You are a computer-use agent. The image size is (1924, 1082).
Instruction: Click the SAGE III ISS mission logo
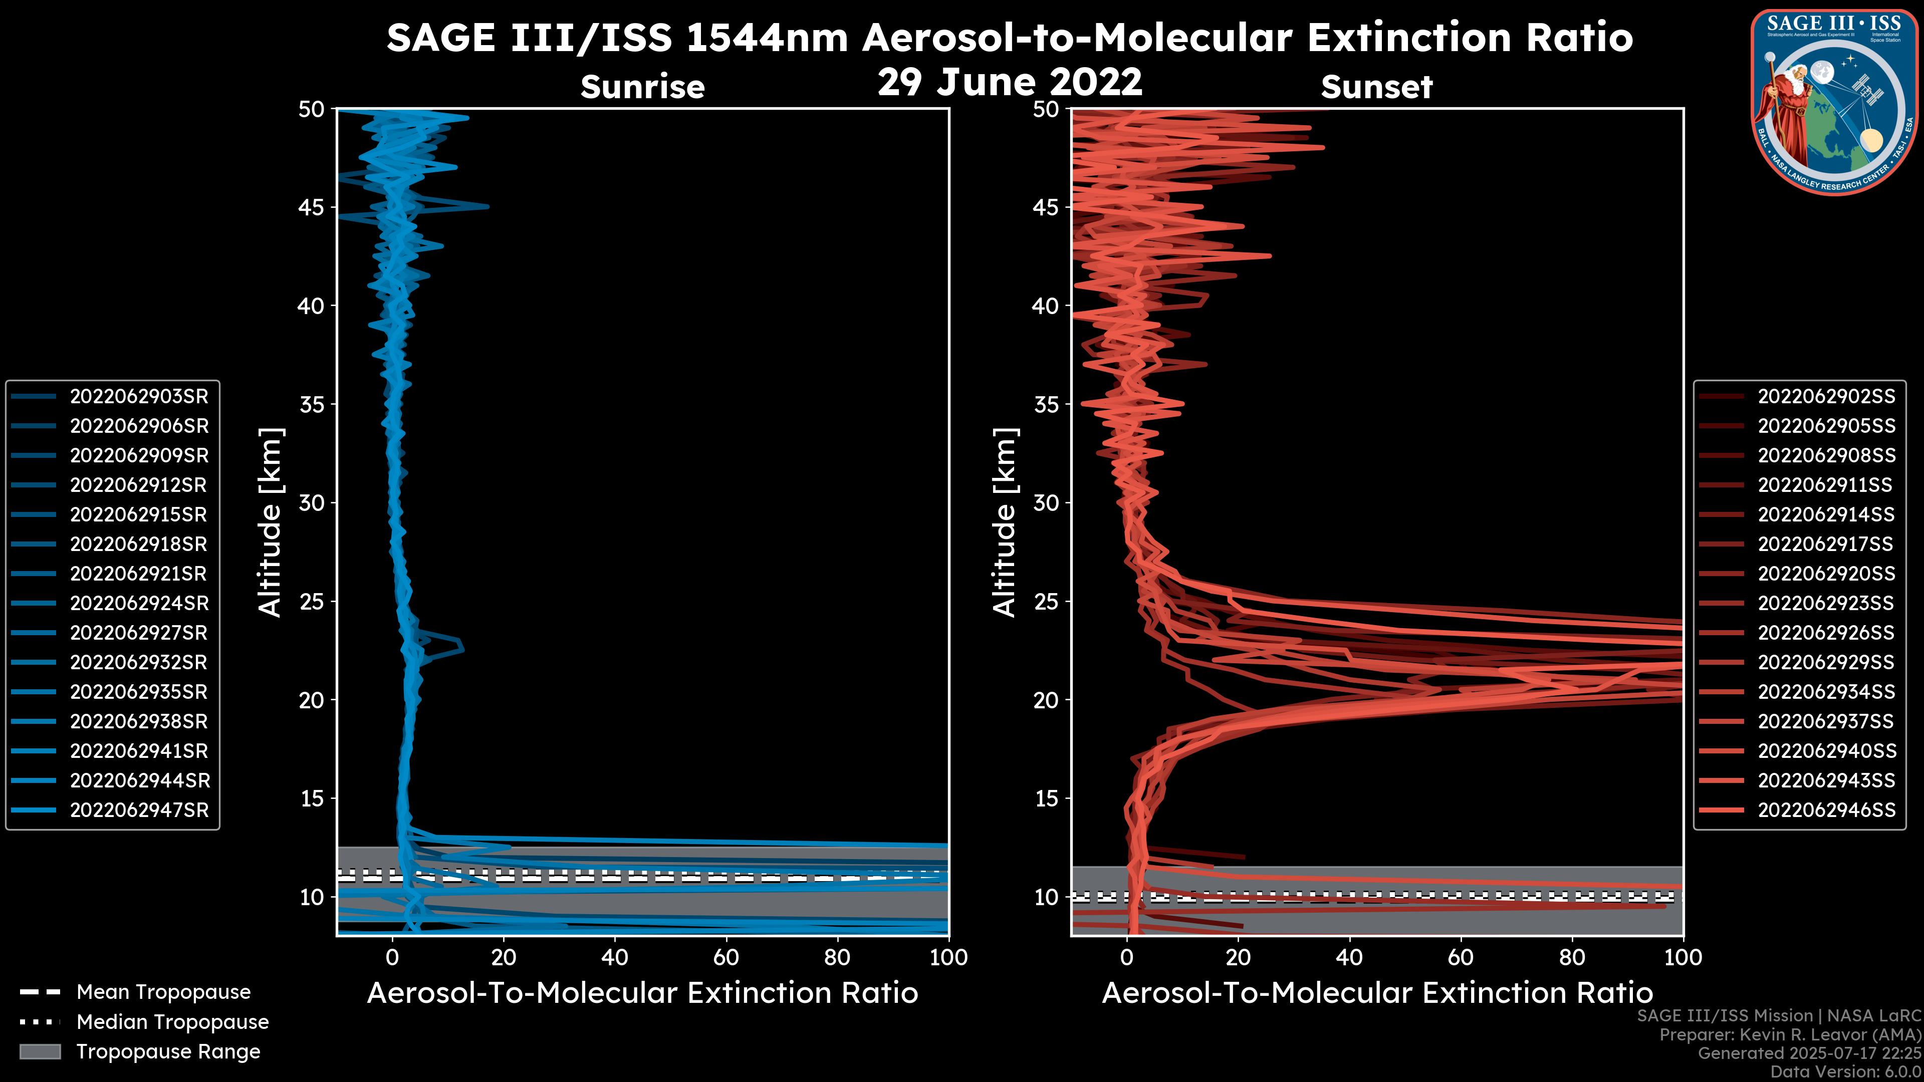click(x=1834, y=102)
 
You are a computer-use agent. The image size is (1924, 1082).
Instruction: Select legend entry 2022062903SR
click(x=139, y=397)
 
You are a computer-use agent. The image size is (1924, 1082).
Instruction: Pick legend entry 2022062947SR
click(x=139, y=810)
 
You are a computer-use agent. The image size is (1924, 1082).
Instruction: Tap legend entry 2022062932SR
click(x=139, y=662)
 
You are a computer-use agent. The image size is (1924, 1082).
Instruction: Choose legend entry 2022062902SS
click(x=1826, y=397)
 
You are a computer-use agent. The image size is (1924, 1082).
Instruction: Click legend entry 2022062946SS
click(x=1826, y=810)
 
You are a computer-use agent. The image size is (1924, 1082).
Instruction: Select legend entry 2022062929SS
click(x=1826, y=662)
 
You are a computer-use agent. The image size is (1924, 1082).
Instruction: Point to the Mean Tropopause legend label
click(x=163, y=992)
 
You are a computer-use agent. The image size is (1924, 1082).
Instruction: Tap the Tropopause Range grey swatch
click(x=40, y=1051)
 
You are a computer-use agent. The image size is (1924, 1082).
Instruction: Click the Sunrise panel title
click(x=642, y=87)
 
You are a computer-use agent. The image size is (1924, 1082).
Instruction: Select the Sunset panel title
click(x=1376, y=87)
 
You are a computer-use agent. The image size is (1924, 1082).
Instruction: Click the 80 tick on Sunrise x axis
click(x=837, y=957)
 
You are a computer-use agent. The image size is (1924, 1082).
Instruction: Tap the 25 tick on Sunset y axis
click(x=1046, y=601)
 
